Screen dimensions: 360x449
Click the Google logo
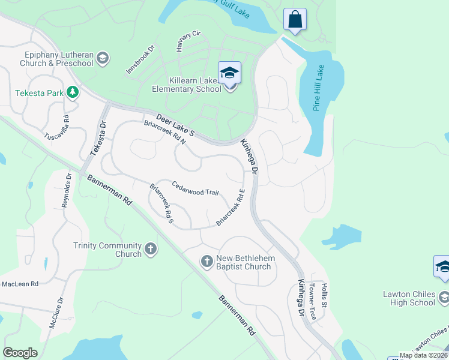[20, 353]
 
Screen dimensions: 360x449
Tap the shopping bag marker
[295, 19]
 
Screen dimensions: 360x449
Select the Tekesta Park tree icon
[73, 92]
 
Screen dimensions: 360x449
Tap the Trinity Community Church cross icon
[150, 248]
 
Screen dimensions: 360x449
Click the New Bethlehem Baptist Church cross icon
[206, 260]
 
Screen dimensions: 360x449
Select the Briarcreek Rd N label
[165, 132]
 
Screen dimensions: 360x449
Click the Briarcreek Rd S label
[162, 205]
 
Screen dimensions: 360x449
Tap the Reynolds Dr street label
[67, 190]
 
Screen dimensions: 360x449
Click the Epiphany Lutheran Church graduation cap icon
[103, 58]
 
